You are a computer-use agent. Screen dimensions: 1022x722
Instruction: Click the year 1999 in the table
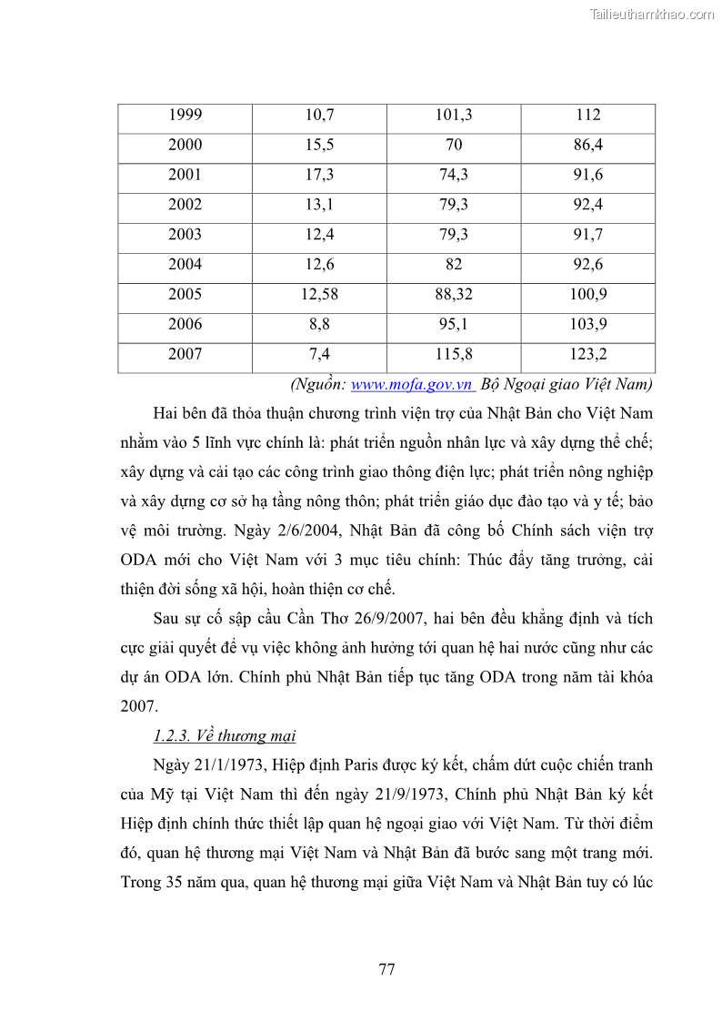[x=185, y=115]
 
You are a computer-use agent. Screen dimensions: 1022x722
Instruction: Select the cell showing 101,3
[x=454, y=115]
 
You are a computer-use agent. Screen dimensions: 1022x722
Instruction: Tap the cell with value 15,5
[x=319, y=145]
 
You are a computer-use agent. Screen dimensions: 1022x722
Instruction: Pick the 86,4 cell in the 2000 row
[x=588, y=145]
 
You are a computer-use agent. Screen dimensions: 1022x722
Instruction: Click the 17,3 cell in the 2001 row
[x=319, y=175]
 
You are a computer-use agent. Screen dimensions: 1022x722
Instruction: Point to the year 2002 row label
[x=185, y=205]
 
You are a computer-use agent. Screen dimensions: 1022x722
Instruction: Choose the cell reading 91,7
[x=588, y=235]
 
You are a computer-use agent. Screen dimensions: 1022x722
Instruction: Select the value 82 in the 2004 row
[x=454, y=265]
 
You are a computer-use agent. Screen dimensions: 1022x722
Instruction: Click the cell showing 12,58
[x=319, y=295]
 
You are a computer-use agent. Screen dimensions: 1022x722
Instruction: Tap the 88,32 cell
[x=454, y=295]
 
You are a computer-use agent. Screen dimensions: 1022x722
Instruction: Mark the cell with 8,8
[x=319, y=324]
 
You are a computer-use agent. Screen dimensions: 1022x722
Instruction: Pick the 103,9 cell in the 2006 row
[x=588, y=324]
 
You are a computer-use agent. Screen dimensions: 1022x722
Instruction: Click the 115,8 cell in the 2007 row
[x=454, y=354]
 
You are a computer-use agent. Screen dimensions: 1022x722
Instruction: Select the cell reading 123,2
[x=588, y=354]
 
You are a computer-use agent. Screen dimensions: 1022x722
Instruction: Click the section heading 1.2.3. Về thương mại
[x=225, y=735]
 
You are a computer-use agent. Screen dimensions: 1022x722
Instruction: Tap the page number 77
[x=386, y=969]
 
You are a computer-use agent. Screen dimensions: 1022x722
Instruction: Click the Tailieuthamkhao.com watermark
[x=652, y=14]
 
